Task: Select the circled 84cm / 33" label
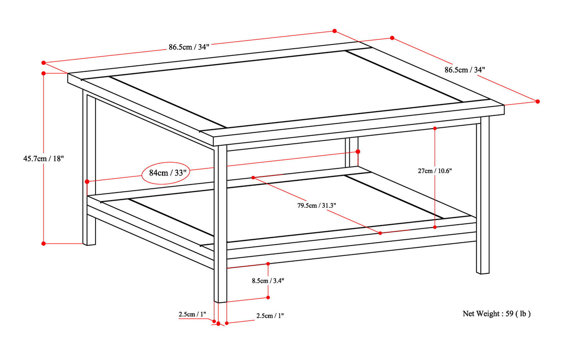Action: [166, 173]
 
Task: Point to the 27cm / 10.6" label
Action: [435, 171]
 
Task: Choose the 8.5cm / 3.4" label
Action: [268, 280]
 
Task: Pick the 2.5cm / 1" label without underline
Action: [270, 316]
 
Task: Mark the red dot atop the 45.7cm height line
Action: [43, 73]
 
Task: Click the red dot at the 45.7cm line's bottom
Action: [43, 243]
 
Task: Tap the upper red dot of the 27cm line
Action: [435, 128]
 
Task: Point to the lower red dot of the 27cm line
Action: [435, 227]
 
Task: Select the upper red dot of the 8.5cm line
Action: [268, 263]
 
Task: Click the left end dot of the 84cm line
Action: [87, 181]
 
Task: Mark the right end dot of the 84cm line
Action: [358, 151]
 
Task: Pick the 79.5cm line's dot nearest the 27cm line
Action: [380, 232]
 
